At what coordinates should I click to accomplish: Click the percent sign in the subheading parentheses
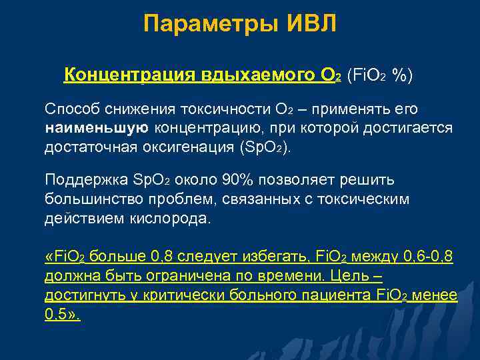(400, 75)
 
